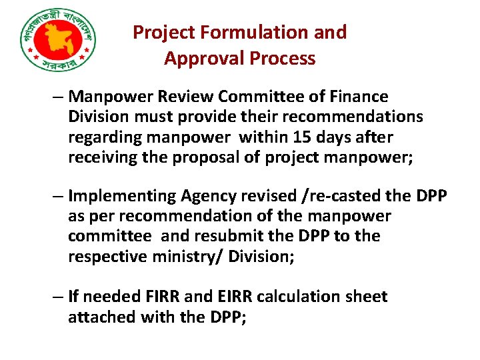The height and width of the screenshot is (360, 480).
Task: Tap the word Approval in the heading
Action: pyautogui.click(x=204, y=59)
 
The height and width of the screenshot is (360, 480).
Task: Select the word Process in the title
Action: pyautogui.click(x=282, y=59)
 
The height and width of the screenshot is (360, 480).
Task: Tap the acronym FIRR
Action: pyautogui.click(x=168, y=296)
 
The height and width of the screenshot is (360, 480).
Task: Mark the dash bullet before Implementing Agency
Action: pyautogui.click(x=59, y=197)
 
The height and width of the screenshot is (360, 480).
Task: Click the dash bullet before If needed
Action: pyautogui.click(x=59, y=296)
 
